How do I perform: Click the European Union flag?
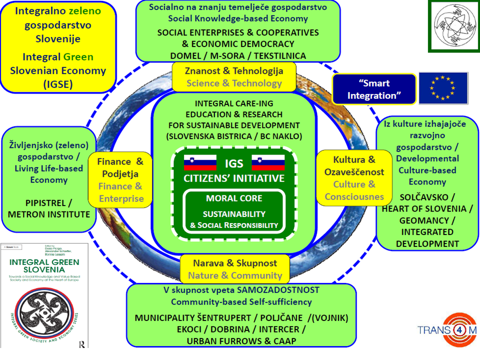point(443,88)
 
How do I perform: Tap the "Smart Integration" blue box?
point(374,89)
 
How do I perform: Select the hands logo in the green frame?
point(452,25)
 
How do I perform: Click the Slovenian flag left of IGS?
point(200,163)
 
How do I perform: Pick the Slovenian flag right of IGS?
point(267,163)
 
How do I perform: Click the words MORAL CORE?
point(234,198)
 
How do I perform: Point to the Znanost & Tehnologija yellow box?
point(234,76)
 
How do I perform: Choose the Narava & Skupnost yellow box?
point(234,269)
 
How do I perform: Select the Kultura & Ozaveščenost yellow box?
point(354,178)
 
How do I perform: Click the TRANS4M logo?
point(447,330)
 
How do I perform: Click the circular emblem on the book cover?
point(44,313)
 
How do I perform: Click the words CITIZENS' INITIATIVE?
point(234,178)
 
